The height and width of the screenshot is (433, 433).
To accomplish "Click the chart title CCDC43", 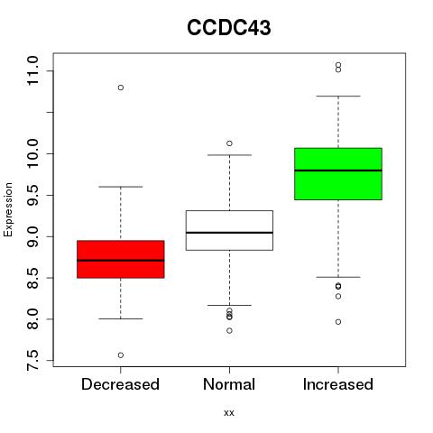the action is coord(229,28).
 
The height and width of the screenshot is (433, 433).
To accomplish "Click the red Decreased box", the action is coord(121,259).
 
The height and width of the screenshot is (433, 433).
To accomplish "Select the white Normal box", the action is coord(229,230).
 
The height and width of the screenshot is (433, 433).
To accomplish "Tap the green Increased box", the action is coord(338,174).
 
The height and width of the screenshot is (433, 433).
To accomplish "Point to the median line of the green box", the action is coord(338,170).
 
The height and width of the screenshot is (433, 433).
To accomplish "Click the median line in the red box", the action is coord(121,261).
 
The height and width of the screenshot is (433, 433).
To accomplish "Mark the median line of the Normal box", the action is coord(229,233).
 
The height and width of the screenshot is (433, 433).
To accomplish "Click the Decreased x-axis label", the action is coord(120,384).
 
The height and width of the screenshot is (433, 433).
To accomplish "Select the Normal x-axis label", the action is coord(229,384).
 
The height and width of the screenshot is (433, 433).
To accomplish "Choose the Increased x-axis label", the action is coord(338,384).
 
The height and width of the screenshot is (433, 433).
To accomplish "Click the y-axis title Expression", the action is coord(8,209).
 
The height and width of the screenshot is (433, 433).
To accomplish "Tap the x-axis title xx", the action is coord(229,413).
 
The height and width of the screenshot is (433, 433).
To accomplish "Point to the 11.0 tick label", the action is coord(32,71).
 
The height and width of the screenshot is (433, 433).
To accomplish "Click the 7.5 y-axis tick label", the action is coord(32,360).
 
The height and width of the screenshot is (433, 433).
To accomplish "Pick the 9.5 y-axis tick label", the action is coord(32,195).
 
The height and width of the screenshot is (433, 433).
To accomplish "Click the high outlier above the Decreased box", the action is coord(121,88).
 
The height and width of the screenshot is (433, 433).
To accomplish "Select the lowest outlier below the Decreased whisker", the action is coord(121,355).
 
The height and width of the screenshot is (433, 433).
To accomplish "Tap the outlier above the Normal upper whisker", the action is coord(229,143).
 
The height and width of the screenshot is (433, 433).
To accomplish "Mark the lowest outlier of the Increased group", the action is coord(338,322).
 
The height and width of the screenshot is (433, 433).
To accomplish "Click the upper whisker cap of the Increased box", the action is coord(338,96).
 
